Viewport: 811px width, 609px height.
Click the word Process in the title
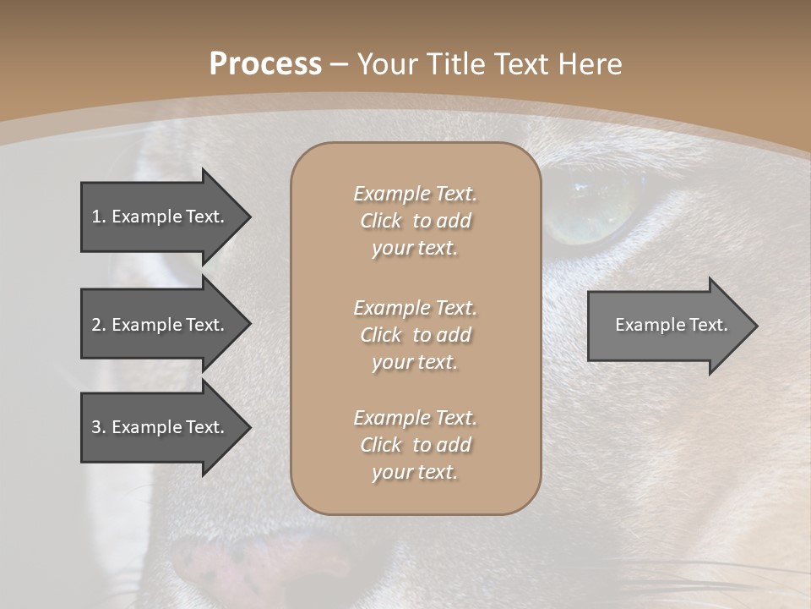(x=265, y=64)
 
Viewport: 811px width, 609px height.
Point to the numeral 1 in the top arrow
(x=95, y=217)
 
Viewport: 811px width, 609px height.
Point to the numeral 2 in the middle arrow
(x=96, y=325)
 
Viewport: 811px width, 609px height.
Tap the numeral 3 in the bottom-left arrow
(x=96, y=427)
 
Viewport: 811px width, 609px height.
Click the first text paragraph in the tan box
(x=415, y=221)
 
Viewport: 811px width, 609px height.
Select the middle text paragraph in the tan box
(x=415, y=334)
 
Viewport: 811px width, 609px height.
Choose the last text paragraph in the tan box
(x=415, y=445)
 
